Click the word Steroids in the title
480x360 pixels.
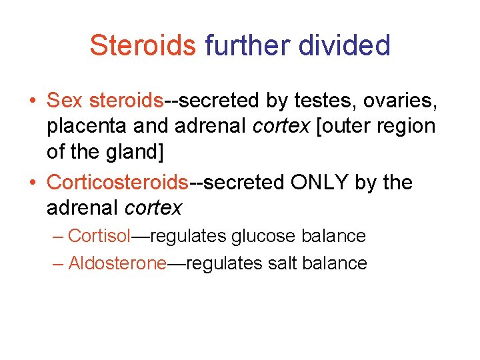pyautogui.click(x=143, y=45)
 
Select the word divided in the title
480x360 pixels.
pyautogui.click(x=345, y=45)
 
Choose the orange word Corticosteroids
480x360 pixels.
pyautogui.click(x=118, y=182)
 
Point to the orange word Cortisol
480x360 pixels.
pyautogui.click(x=99, y=236)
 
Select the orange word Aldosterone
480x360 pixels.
pyautogui.click(x=117, y=263)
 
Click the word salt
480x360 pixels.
pyautogui.click(x=283, y=263)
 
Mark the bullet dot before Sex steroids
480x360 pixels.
pyautogui.click(x=32, y=101)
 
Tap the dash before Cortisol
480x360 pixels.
pyautogui.click(x=59, y=237)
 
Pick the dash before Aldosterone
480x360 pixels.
pyautogui.click(x=59, y=264)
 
